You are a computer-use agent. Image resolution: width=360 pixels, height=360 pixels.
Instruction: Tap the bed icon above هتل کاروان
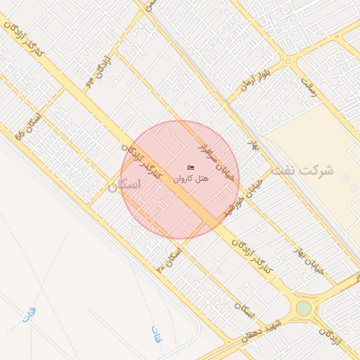(191, 167)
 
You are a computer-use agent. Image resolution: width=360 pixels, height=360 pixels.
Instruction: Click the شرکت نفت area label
(313, 171)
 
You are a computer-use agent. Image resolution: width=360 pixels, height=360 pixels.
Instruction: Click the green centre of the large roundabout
(303, 308)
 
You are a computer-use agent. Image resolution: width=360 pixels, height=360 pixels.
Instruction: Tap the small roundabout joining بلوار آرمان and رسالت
(288, 62)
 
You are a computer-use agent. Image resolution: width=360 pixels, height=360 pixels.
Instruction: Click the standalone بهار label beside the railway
(255, 146)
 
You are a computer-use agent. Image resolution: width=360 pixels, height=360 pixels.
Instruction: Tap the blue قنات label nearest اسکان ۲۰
(156, 333)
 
